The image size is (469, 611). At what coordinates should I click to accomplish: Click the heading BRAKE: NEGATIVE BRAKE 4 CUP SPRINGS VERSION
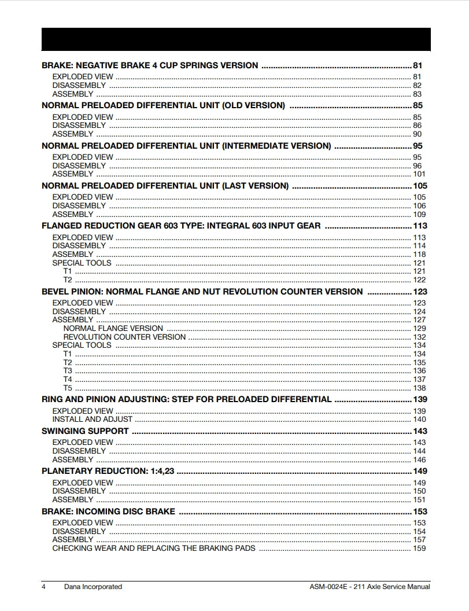tap(150, 65)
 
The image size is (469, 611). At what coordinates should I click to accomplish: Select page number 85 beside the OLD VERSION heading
tap(418, 105)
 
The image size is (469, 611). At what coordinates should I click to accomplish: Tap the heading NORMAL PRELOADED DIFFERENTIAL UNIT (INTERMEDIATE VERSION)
tap(186, 146)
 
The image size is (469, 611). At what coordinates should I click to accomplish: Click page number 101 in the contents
tap(419, 174)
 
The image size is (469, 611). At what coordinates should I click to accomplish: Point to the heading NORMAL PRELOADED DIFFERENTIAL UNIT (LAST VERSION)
tap(165, 186)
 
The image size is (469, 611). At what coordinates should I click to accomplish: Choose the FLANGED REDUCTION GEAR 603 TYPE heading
tap(181, 226)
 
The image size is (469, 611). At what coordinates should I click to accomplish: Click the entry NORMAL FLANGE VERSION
tap(113, 328)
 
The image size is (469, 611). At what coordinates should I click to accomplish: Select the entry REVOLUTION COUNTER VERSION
tap(124, 337)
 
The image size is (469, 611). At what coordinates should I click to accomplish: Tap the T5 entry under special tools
tap(68, 388)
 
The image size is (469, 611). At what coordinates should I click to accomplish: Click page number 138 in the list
tap(419, 388)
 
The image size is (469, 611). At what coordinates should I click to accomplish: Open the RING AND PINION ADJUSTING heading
tap(186, 399)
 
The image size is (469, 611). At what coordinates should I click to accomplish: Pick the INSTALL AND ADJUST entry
tap(93, 419)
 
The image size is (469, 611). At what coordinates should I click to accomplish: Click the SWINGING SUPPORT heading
tap(85, 431)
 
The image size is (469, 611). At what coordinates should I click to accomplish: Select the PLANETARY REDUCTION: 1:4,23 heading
tap(108, 471)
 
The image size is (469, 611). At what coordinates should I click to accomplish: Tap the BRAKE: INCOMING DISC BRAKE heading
tap(108, 511)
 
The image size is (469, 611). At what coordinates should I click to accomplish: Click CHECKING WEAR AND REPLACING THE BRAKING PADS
tap(154, 548)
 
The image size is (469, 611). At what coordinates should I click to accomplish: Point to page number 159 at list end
tap(419, 548)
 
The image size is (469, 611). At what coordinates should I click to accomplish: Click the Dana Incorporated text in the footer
tap(93, 587)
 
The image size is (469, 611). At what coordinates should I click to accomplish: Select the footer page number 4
tap(43, 587)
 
